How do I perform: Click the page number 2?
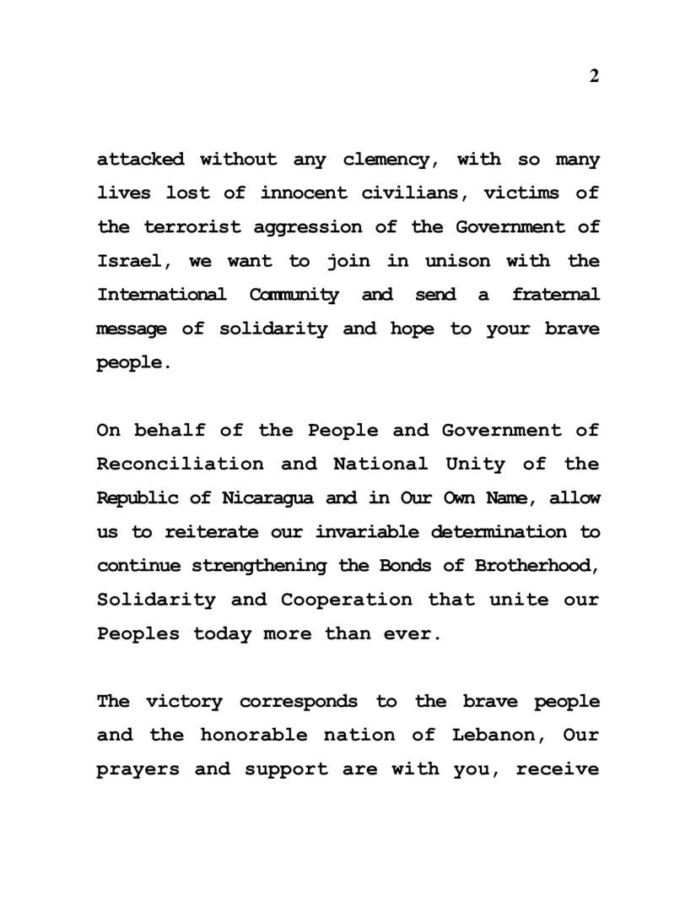pyautogui.click(x=594, y=77)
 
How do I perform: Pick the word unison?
pyautogui.click(x=457, y=261)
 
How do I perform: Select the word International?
pyautogui.click(x=161, y=295)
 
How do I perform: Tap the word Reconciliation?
pyautogui.click(x=180, y=464)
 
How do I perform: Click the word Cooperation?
pyautogui.click(x=347, y=600)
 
